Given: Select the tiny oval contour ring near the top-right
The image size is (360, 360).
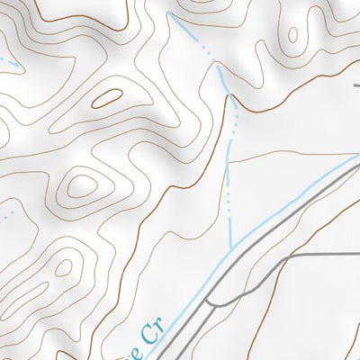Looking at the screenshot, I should point(292,34).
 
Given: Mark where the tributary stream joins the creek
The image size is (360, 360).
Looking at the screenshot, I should point(233,247).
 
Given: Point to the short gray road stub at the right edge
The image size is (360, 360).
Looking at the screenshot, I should point(356,85).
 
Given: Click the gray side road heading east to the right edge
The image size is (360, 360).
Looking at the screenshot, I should point(315,256).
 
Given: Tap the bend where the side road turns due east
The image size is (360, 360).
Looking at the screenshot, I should point(286,256).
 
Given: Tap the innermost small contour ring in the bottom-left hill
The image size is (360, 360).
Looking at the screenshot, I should point(63,267).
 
